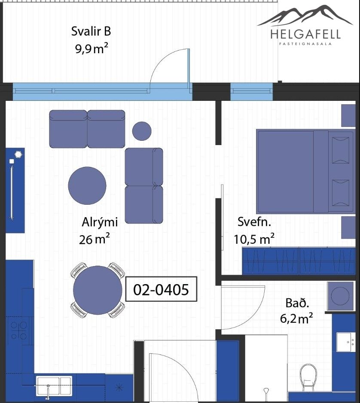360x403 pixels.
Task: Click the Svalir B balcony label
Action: (x=91, y=31)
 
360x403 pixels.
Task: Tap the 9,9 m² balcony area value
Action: (x=92, y=48)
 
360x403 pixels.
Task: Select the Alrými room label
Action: (x=100, y=222)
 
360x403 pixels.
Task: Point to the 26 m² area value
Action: (x=95, y=239)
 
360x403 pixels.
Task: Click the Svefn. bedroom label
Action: (x=254, y=222)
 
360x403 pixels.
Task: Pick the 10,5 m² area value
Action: (x=254, y=239)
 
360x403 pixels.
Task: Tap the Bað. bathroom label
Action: (x=297, y=303)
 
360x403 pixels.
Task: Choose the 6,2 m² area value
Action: (x=296, y=318)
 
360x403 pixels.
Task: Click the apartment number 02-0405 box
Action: (x=161, y=289)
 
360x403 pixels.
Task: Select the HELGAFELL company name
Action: (x=305, y=34)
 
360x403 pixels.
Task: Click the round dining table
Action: (x=98, y=290)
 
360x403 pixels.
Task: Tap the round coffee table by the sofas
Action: (x=87, y=185)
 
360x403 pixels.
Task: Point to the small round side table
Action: (x=142, y=131)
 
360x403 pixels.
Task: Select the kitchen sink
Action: (x=54, y=386)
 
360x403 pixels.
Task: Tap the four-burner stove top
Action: (x=19, y=331)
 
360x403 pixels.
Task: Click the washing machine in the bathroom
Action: (x=340, y=296)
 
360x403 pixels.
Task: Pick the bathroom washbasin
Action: (x=345, y=342)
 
